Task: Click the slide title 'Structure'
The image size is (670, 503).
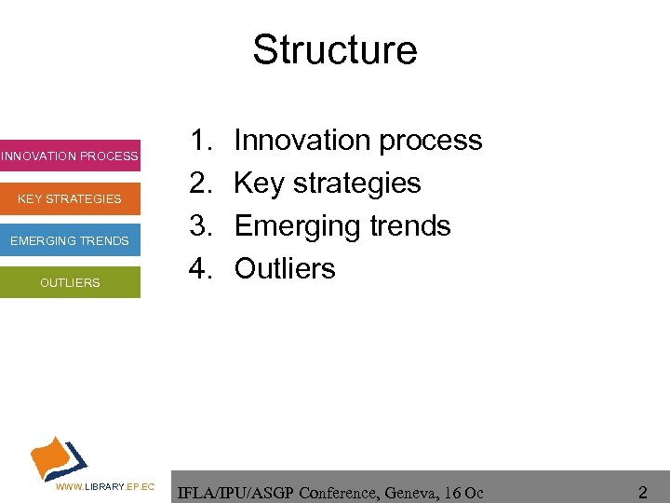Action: point(335,49)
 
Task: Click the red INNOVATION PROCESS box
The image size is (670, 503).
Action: point(70,156)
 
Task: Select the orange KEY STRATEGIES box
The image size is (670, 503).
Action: point(70,198)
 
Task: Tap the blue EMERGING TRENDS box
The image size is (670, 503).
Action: point(70,241)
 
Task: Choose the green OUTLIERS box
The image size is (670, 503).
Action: point(70,282)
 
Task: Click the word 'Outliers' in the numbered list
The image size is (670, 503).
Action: point(285,269)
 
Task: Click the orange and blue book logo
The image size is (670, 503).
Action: point(59,456)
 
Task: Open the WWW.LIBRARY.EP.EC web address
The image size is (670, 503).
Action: point(105,487)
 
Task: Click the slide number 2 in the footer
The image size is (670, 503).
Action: point(642,490)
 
